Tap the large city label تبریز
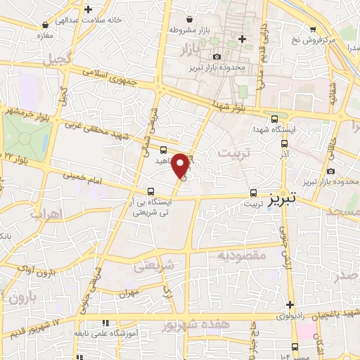288,199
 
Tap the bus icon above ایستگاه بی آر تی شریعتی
150,191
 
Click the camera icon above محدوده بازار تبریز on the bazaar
217,56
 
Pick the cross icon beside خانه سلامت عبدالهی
87,9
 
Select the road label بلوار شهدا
235,104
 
